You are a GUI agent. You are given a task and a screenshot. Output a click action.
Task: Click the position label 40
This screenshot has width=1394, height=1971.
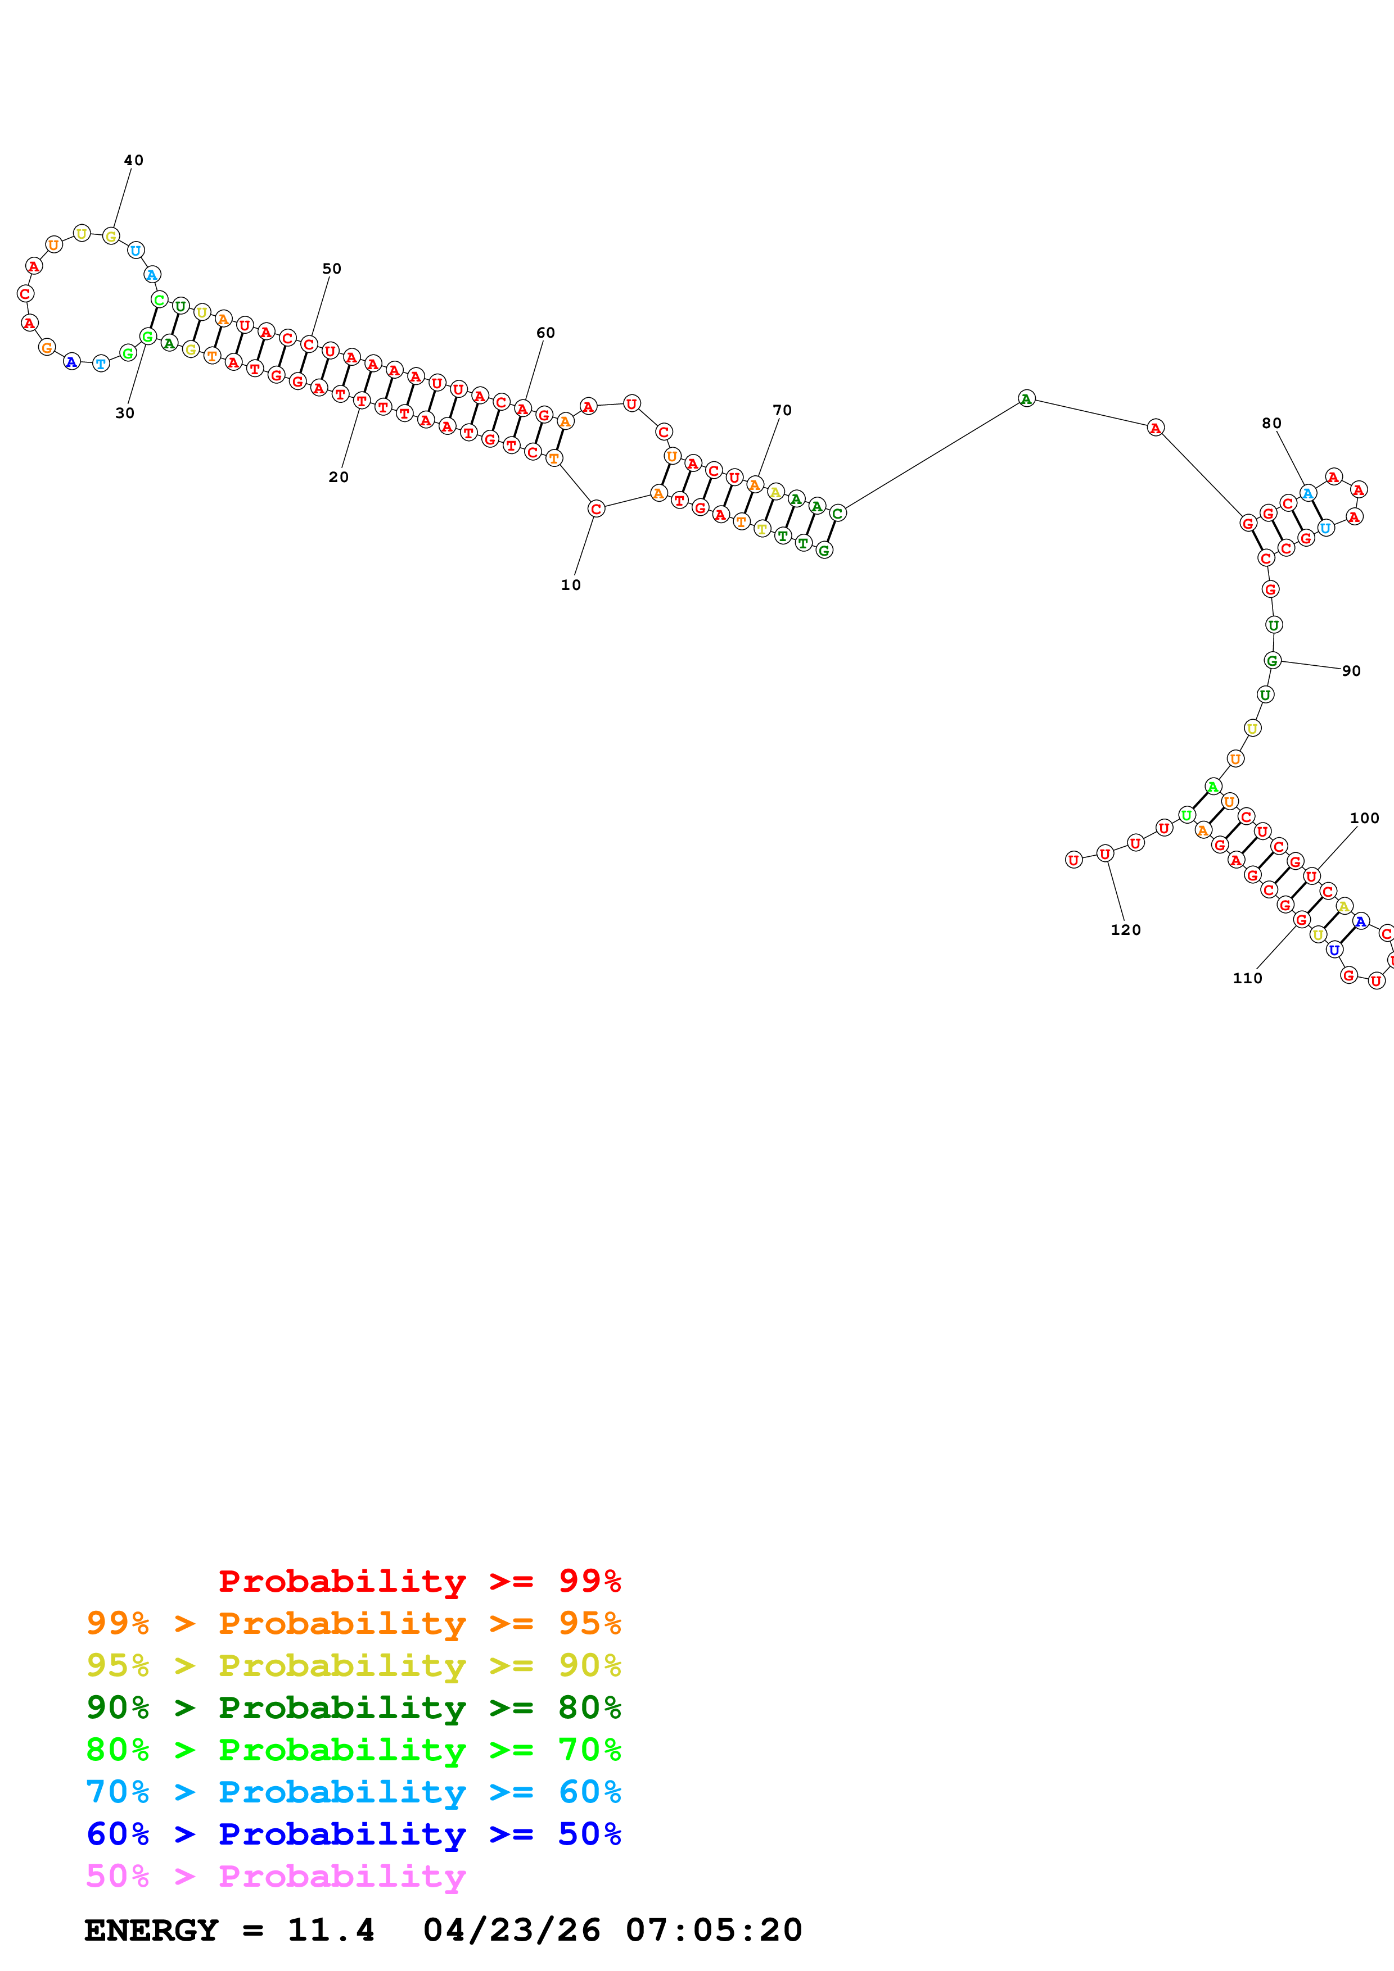pos(133,161)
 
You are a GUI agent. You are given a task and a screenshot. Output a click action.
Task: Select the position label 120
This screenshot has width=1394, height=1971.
pos(1125,930)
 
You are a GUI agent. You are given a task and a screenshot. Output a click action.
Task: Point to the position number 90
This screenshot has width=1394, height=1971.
pos(1351,671)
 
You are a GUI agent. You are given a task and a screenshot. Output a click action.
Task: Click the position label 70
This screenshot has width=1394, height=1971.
pos(782,410)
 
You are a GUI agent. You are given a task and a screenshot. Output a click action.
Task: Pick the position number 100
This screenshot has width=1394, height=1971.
pos(1364,818)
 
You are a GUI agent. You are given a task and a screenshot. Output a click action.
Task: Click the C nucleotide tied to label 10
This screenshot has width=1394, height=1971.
pos(596,509)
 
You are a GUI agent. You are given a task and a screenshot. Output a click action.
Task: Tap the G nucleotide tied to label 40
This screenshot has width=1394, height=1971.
pos(111,236)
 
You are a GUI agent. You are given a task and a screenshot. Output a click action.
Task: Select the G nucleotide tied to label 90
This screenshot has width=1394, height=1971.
pos(1272,660)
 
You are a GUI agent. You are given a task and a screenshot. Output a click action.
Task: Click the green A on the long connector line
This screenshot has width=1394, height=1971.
pos(1026,398)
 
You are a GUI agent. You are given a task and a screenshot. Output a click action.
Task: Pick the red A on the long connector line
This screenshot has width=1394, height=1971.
pos(1155,428)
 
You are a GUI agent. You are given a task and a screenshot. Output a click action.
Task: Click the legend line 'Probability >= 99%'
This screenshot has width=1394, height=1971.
pos(419,1581)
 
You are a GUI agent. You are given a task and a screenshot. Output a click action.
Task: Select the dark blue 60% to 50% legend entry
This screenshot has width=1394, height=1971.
pos(353,1834)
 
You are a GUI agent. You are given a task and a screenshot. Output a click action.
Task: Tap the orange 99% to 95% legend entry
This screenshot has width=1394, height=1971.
pos(353,1623)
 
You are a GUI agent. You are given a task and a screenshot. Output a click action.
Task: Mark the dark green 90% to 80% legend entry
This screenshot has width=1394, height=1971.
pos(353,1707)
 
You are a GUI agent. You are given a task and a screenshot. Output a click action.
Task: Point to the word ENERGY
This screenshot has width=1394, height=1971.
pos(151,1931)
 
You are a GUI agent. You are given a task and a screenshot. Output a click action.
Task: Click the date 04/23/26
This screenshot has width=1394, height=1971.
pos(511,1931)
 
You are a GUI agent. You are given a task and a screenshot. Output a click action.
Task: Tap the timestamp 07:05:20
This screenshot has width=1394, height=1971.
pos(713,1931)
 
